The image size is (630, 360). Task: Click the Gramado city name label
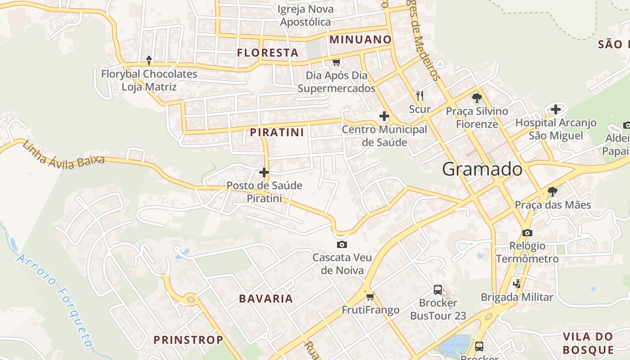pos(482,169)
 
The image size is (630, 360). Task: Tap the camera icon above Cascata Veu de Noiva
pos(342,244)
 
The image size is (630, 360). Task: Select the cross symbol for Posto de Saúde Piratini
pos(264,172)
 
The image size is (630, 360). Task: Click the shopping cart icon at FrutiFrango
pos(370,297)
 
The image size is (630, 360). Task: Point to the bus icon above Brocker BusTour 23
pos(437,289)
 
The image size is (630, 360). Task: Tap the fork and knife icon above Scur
pos(420,95)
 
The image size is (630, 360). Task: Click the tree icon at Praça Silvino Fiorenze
pos(477,97)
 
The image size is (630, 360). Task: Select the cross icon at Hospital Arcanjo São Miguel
pos(556,109)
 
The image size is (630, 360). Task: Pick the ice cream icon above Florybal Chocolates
pos(149,60)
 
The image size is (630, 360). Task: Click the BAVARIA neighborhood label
pos(266,298)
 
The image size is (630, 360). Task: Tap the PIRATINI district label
pos(277,132)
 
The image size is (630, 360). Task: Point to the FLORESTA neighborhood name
pos(268,53)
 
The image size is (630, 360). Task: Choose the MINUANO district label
pos(360,40)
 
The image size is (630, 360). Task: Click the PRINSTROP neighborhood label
pos(189,340)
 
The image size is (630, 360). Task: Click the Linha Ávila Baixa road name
pos(63,154)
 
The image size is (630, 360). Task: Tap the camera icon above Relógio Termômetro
pos(527,233)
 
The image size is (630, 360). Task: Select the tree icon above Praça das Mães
pos(553,192)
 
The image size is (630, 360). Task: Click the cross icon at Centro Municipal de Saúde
pos(384,117)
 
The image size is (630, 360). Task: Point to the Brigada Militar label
pos(517,297)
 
